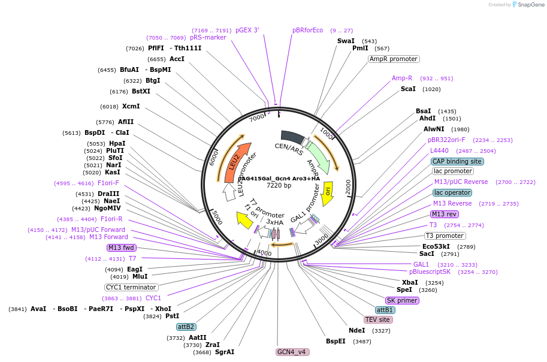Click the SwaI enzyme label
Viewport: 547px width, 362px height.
pyautogui.click(x=346, y=41)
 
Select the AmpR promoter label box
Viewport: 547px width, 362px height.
pyautogui.click(x=394, y=59)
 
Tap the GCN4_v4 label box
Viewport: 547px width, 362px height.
pyautogui.click(x=292, y=352)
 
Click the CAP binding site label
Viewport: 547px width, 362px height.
pyautogui.click(x=457, y=161)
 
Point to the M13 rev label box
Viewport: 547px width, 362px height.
pyautogui.click(x=444, y=214)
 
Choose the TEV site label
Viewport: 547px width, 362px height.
pyautogui.click(x=378, y=319)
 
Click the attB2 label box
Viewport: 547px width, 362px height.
pyautogui.click(x=186, y=327)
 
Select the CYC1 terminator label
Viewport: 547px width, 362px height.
pyautogui.click(x=131, y=287)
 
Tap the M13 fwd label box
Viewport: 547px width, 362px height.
pyautogui.click(x=122, y=248)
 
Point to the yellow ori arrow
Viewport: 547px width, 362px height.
pyautogui.click(x=328, y=191)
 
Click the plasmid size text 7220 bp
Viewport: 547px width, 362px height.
pyautogui.click(x=279, y=186)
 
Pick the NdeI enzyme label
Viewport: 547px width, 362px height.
pyautogui.click(x=356, y=330)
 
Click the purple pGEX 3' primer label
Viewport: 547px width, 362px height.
pyautogui.click(x=247, y=30)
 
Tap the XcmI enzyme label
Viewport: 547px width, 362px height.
pyautogui.click(x=131, y=107)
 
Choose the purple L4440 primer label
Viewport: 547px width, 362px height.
pyautogui.click(x=439, y=150)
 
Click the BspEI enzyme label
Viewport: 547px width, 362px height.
pyautogui.click(x=336, y=341)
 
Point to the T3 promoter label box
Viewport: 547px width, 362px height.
pyautogui.click(x=445, y=236)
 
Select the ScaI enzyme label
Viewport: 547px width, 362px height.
pyautogui.click(x=408, y=89)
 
